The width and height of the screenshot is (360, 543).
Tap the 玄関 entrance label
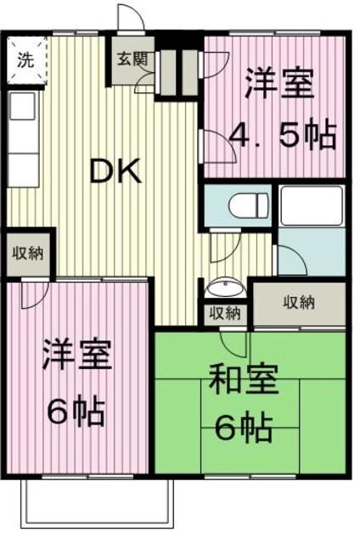click(x=130, y=59)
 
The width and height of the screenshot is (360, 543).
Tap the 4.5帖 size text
click(x=284, y=136)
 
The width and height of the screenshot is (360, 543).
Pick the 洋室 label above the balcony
click(x=76, y=357)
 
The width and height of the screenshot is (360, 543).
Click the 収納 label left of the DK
click(x=29, y=253)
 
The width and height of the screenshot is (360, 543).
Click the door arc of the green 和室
click(x=231, y=342)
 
